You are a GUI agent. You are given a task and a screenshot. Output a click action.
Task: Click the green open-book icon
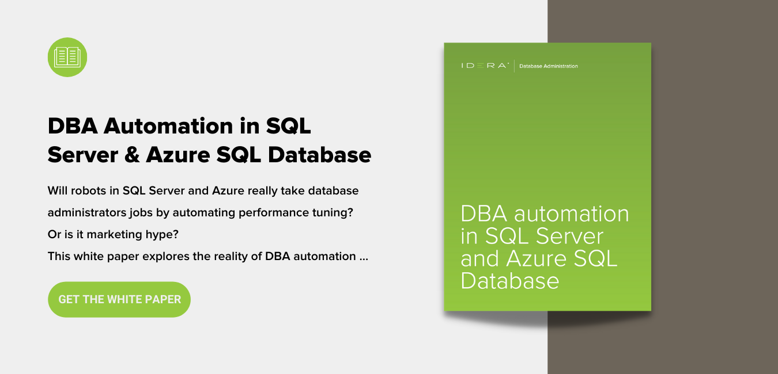67,57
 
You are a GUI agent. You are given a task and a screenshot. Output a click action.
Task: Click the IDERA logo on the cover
485,66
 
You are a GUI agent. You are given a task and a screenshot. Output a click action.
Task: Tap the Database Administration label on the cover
549,66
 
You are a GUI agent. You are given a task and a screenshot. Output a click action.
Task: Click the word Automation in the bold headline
168,126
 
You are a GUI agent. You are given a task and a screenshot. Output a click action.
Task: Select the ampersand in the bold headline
132,155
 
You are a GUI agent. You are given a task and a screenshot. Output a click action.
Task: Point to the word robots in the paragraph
88,190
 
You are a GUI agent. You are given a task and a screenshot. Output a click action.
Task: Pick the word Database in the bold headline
319,155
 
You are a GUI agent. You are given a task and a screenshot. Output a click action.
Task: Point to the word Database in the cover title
510,280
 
